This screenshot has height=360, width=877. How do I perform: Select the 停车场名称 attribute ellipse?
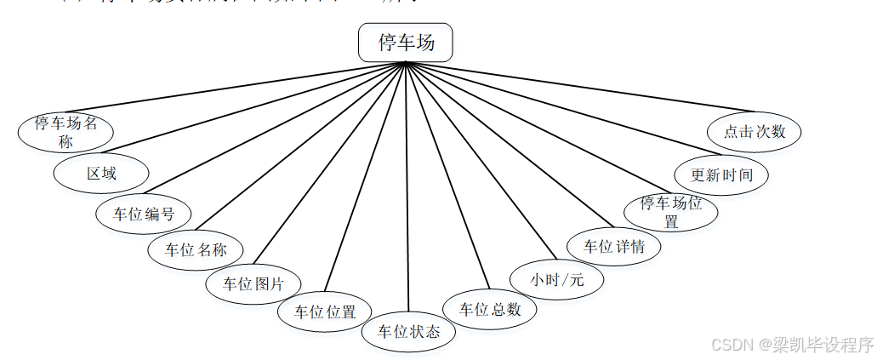pyautogui.click(x=66, y=132)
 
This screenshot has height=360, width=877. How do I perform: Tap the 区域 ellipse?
pyautogui.click(x=101, y=174)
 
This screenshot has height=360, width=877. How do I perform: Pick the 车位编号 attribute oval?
pyautogui.click(x=143, y=212)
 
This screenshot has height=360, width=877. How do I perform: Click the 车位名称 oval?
pyautogui.click(x=196, y=249)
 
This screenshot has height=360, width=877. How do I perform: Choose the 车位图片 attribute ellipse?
pyautogui.click(x=253, y=283)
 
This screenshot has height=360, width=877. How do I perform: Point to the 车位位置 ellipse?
pyautogui.click(x=325, y=311)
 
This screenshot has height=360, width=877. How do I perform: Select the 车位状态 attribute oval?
pyautogui.click(x=409, y=331)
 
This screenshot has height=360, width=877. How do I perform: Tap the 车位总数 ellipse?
pyautogui.click(x=490, y=309)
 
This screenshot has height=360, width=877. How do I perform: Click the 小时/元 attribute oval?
pyautogui.click(x=557, y=278)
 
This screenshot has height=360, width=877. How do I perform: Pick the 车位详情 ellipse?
pyautogui.click(x=613, y=247)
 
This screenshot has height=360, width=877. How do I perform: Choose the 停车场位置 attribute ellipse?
pyautogui.click(x=670, y=210)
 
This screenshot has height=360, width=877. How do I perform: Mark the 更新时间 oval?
pyautogui.click(x=721, y=174)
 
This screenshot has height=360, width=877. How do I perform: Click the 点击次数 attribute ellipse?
pyautogui.click(x=755, y=132)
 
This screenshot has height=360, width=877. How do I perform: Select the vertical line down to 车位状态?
pyautogui.click(x=407, y=187)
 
